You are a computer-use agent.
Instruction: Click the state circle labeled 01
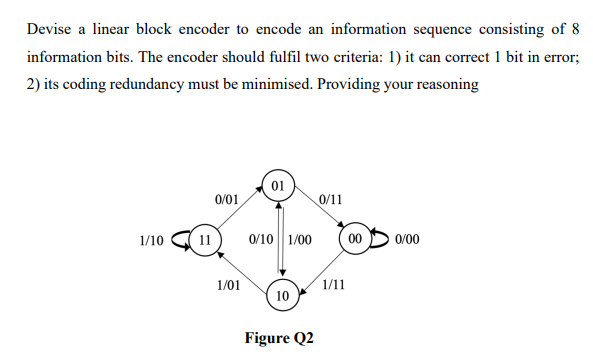[x=280, y=185]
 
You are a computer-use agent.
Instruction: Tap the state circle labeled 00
[x=354, y=240]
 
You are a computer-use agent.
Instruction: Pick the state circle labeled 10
[x=281, y=297]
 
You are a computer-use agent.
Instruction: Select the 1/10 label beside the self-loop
[x=152, y=240]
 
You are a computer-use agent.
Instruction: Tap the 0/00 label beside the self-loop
[x=408, y=240]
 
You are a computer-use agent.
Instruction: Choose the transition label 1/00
[x=299, y=240]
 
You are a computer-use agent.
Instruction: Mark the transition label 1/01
[x=228, y=285]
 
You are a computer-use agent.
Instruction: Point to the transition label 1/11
[x=334, y=285]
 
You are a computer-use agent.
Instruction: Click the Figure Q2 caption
[x=279, y=337]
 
